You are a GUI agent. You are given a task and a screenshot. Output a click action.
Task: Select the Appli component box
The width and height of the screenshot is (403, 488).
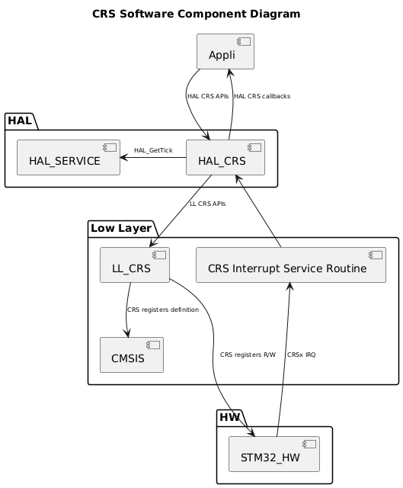click(225, 52)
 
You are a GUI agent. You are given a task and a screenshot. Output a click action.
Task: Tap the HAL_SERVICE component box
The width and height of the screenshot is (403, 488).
click(69, 158)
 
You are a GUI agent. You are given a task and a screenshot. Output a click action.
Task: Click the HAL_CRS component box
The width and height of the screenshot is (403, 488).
click(225, 158)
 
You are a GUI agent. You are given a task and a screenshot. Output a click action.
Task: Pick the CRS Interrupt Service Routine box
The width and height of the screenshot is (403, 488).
click(291, 265)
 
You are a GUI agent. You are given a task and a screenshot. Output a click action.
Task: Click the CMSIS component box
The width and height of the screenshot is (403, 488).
click(132, 354)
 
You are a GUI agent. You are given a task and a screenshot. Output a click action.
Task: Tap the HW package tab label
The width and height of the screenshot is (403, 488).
click(230, 417)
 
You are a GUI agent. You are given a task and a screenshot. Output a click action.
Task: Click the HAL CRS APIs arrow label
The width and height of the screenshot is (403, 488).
click(208, 96)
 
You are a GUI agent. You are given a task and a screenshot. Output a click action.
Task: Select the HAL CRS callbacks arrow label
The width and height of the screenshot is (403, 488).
click(262, 96)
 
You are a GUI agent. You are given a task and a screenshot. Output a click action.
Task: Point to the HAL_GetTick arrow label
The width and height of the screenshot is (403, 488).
click(153, 150)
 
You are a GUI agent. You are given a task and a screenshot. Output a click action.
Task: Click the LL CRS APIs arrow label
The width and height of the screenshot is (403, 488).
click(207, 204)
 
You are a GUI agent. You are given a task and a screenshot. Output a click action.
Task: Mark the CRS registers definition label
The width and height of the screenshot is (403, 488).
click(163, 310)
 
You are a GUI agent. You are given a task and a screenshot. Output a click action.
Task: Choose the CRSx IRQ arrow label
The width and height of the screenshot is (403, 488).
click(302, 355)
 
